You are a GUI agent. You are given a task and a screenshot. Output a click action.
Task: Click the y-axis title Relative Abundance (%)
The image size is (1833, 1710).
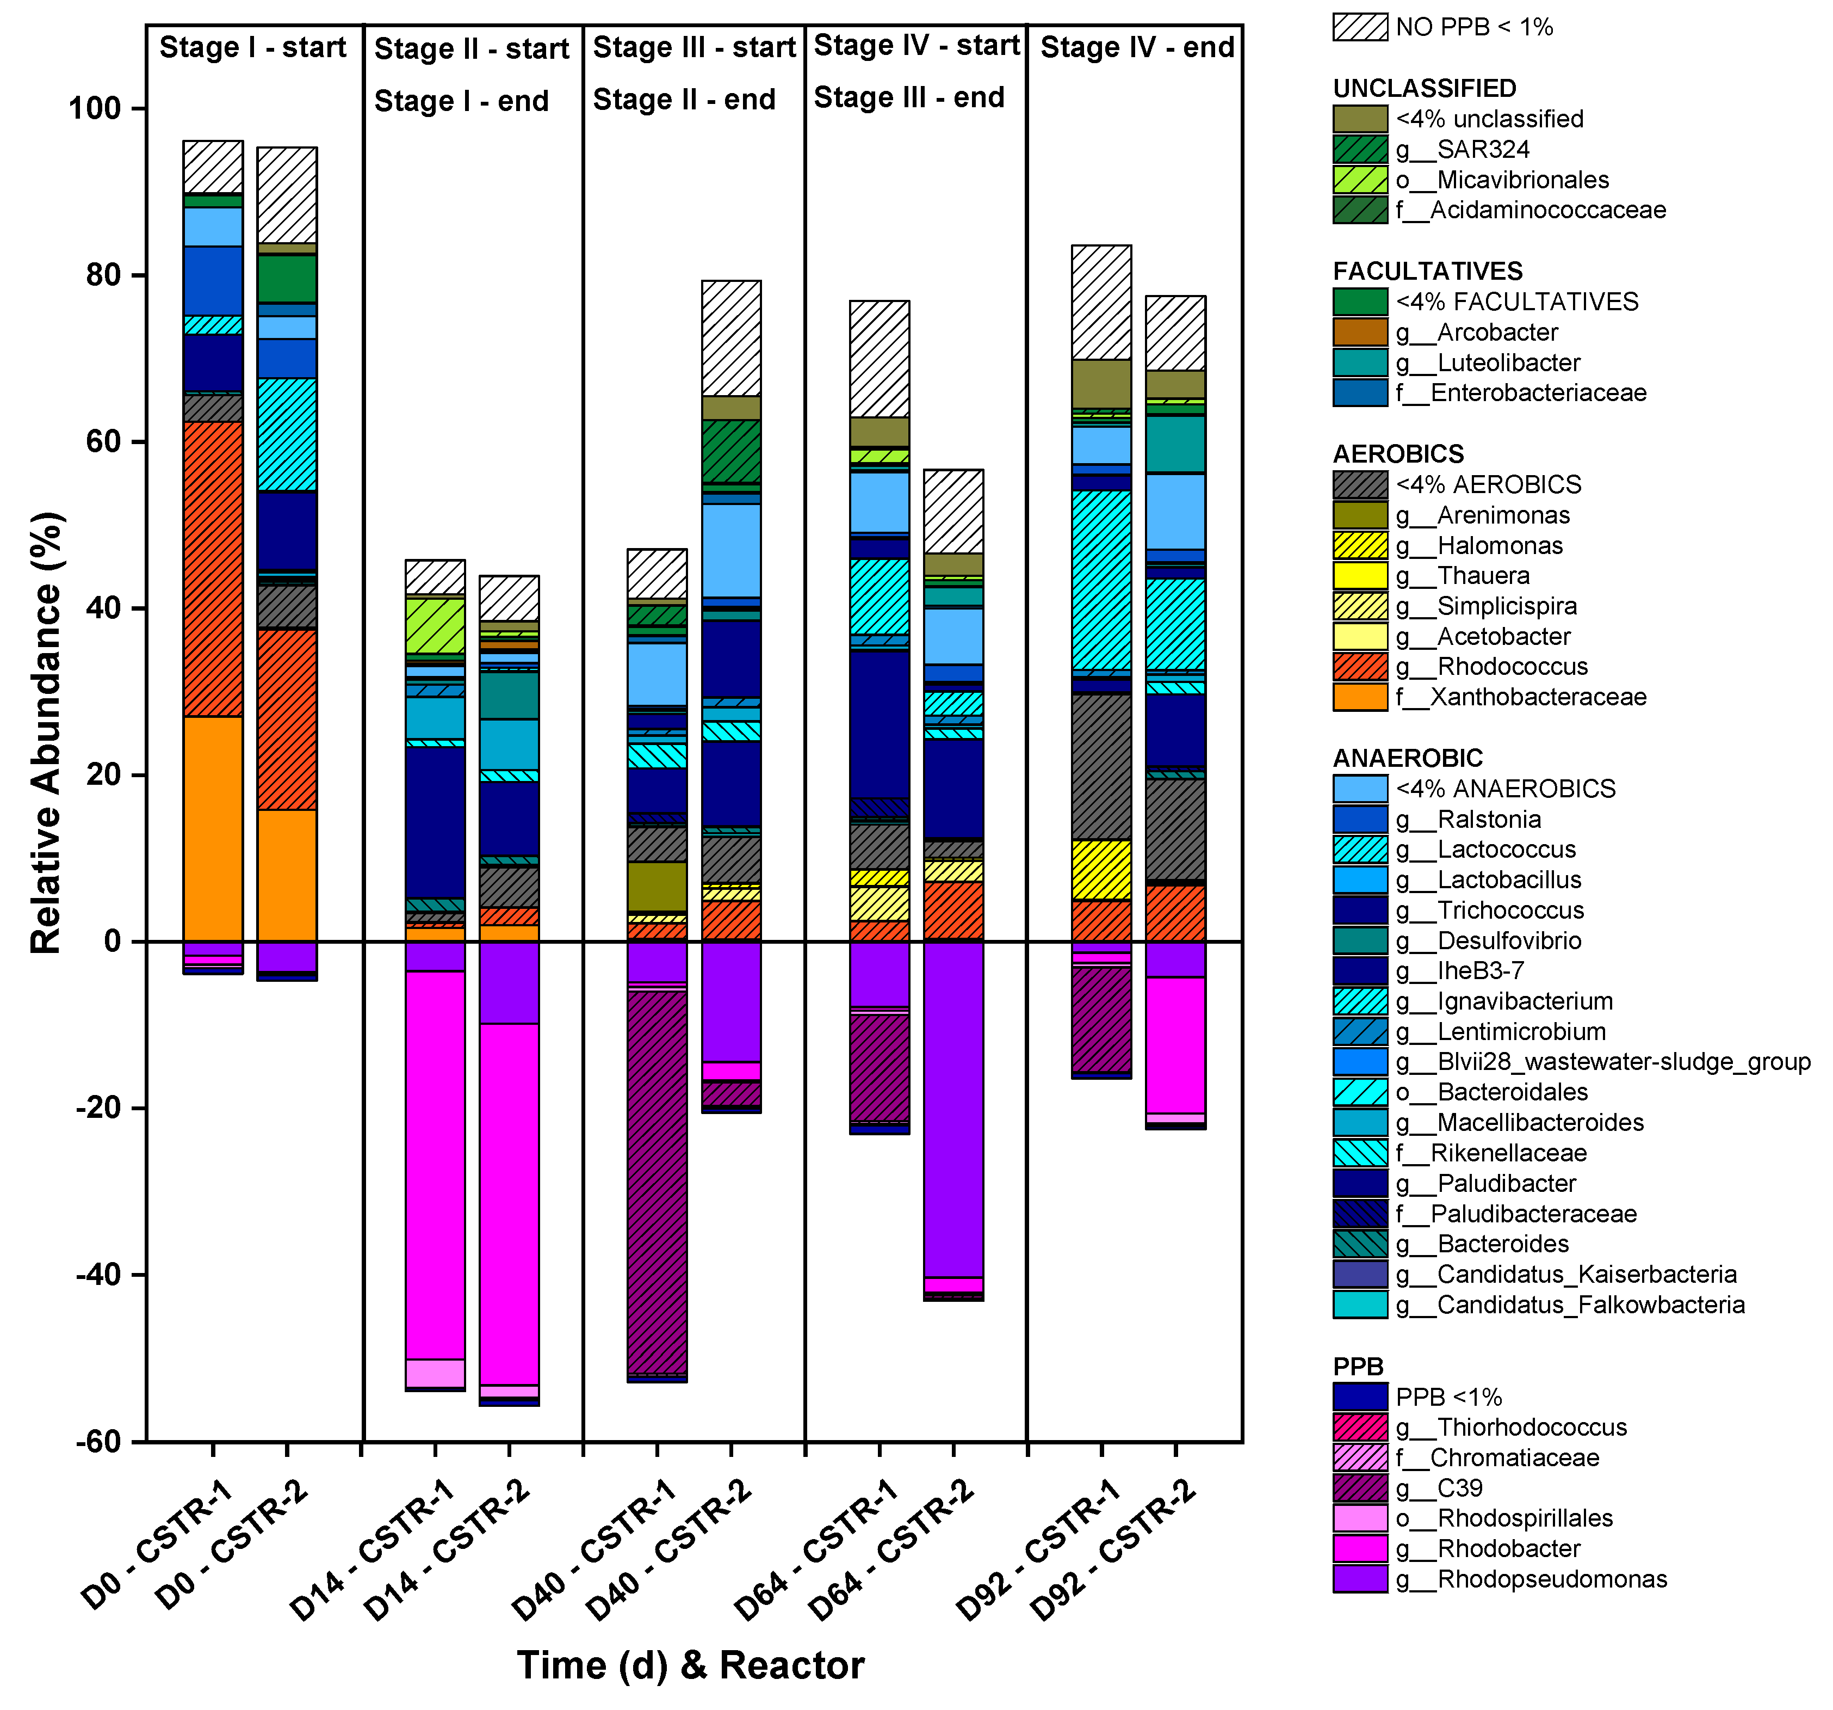(x=46, y=733)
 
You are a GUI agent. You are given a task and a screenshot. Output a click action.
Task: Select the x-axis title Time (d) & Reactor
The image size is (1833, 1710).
(x=691, y=1665)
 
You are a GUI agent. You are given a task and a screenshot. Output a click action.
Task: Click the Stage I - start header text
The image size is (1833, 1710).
(x=252, y=47)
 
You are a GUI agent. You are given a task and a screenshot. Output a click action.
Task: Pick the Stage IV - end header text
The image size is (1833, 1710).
(x=1137, y=47)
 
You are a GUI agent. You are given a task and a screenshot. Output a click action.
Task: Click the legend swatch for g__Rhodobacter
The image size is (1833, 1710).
(x=1359, y=1548)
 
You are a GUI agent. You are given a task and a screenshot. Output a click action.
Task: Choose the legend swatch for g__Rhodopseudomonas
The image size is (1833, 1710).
(x=1359, y=1579)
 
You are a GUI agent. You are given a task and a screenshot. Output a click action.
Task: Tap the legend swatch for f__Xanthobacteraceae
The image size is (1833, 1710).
(x=1359, y=697)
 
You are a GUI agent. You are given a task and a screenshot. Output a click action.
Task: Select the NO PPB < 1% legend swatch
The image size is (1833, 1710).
(x=1359, y=27)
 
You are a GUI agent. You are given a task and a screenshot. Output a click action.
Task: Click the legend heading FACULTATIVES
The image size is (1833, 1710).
(x=1427, y=271)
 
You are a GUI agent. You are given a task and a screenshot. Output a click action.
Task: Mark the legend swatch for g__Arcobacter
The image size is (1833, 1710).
(x=1359, y=332)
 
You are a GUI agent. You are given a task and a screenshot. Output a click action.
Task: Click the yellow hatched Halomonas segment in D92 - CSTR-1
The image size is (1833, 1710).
(x=1101, y=869)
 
